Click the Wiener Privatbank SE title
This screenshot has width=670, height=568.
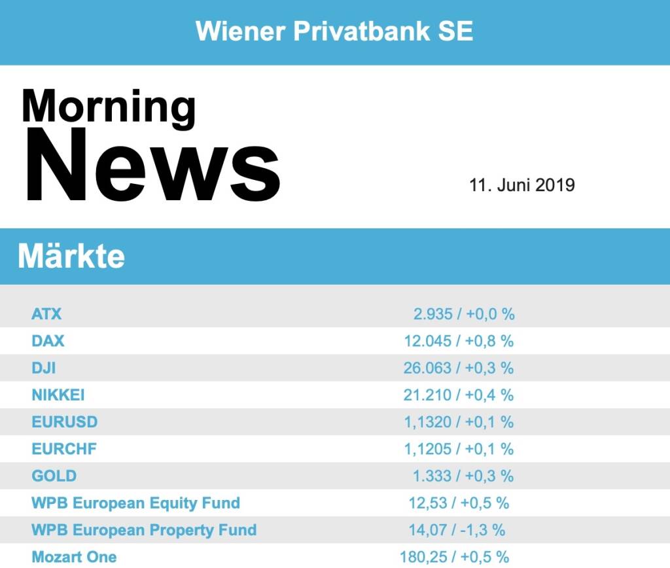tap(334, 31)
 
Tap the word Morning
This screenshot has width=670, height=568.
tap(109, 106)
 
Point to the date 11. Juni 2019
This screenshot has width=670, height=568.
tap(521, 185)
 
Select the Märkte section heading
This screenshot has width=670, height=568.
tap(71, 256)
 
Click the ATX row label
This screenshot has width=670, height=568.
tap(46, 314)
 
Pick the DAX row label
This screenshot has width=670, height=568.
tap(48, 341)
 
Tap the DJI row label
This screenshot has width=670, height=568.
tap(44, 368)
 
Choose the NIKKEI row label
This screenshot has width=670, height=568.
tap(58, 395)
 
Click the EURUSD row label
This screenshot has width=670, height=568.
tap(64, 422)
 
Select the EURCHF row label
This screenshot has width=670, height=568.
tap(64, 449)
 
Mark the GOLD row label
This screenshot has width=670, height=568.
tap(54, 476)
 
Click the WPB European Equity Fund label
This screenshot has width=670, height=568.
tap(135, 503)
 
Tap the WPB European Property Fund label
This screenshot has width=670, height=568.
tap(144, 530)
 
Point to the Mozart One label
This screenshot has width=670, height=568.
tap(74, 557)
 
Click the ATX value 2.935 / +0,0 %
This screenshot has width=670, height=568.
tap(464, 314)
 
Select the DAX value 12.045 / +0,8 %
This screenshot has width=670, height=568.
tap(459, 341)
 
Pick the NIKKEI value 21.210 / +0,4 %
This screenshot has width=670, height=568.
tap(459, 395)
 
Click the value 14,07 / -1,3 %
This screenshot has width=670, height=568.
tap(457, 530)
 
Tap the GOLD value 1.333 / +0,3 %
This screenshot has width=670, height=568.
tap(463, 476)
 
